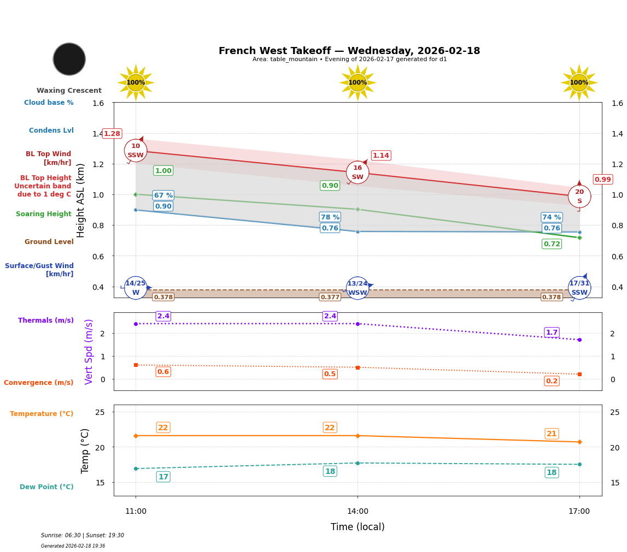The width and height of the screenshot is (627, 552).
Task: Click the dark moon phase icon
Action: [x=69, y=59]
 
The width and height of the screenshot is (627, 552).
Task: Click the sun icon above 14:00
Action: [x=358, y=82]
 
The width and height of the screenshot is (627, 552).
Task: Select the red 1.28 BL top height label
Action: [x=112, y=134]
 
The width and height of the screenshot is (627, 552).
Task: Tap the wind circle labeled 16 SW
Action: [x=358, y=173]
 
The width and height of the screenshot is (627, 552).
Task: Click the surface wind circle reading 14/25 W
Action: [x=136, y=288]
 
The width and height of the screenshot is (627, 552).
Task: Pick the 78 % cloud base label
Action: [x=330, y=217]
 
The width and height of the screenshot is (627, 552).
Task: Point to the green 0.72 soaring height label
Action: [x=552, y=244]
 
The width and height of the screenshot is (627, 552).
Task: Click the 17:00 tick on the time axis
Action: [x=579, y=512]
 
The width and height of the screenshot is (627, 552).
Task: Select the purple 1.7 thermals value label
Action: [x=552, y=333]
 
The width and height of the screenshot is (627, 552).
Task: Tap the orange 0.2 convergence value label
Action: [x=552, y=381]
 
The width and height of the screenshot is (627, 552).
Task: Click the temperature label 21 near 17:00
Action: [x=552, y=434]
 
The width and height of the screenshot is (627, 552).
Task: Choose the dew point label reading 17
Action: [x=163, y=477]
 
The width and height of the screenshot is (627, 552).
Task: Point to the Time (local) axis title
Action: [x=358, y=527]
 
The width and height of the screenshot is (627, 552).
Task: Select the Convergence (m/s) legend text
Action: [x=39, y=383]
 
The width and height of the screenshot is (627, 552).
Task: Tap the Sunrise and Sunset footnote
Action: [x=83, y=536]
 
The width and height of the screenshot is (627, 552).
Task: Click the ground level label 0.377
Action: [x=330, y=297]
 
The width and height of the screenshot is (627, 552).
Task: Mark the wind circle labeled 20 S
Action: [x=579, y=197]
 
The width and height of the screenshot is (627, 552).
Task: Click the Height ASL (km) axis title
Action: [x=81, y=200]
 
